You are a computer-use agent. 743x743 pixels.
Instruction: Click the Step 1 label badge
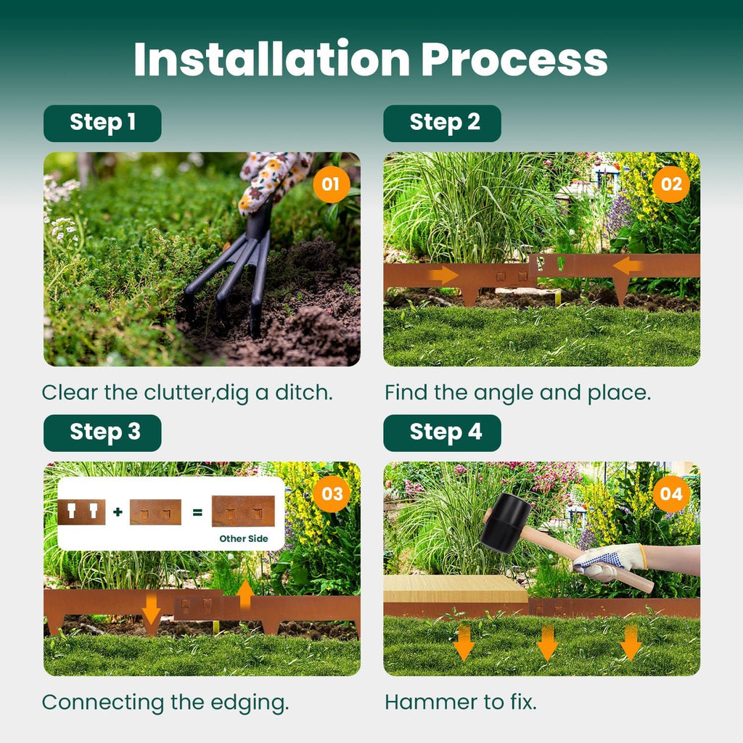coord(102,123)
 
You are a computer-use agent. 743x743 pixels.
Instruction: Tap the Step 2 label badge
coord(442,123)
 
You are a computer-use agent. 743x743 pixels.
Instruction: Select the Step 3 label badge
coord(102,433)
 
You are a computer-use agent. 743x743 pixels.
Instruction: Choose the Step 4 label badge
coord(442,433)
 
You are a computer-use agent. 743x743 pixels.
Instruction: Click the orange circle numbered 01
coord(331,184)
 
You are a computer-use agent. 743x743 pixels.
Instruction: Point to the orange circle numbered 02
coord(670,184)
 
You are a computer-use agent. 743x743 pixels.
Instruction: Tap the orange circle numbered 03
coord(331,494)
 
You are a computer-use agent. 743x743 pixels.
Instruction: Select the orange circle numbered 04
coord(670,494)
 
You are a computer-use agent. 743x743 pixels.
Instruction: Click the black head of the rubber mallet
coord(505,523)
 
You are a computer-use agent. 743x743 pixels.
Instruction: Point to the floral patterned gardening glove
coord(271,178)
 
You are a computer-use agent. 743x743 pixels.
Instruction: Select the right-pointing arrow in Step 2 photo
coord(443,275)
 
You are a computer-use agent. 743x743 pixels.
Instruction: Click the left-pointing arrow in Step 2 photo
coord(627,266)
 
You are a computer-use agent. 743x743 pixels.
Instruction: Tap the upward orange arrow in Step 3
coord(245,594)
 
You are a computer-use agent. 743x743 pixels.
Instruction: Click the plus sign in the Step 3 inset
coord(118,512)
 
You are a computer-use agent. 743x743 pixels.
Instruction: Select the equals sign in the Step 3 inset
coord(197,512)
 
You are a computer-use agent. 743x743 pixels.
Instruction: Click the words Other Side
coord(243,538)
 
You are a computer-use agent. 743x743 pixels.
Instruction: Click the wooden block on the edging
coord(455,588)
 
